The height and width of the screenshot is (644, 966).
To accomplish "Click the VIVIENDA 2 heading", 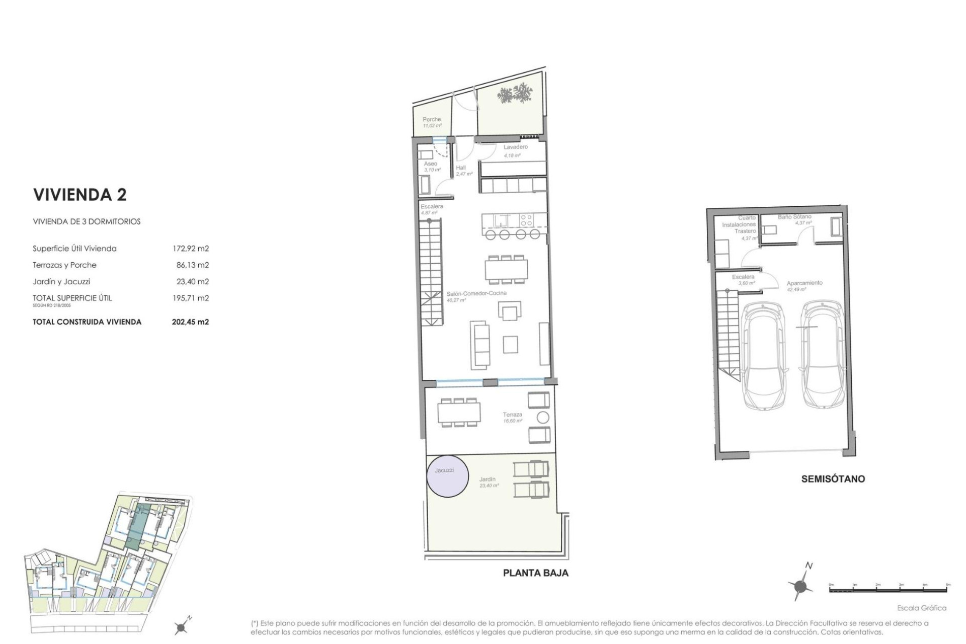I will pyautogui.click(x=79, y=195).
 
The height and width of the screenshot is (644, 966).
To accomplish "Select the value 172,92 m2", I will pyautogui.click(x=190, y=249).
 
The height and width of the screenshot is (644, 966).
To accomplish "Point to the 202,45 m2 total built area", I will pyautogui.click(x=190, y=322).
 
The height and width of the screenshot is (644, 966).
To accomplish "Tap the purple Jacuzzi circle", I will pyautogui.click(x=447, y=475).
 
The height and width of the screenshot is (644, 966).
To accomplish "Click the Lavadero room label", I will pyautogui.click(x=516, y=147).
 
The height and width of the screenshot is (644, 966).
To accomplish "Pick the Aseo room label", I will pyautogui.click(x=430, y=164).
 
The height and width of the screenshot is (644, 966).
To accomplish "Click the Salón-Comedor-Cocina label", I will pyautogui.click(x=476, y=293).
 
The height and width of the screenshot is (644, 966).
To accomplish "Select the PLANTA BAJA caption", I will pyautogui.click(x=535, y=573).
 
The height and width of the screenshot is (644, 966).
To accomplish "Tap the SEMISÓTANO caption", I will pyautogui.click(x=833, y=478).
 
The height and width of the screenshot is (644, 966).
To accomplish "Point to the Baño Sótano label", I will pyautogui.click(x=794, y=217).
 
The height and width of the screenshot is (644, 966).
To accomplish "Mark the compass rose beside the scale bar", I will pyautogui.click(x=800, y=585).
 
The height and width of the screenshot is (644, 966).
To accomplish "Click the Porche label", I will pyautogui.click(x=432, y=120).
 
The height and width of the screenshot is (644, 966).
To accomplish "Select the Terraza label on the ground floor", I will pyautogui.click(x=512, y=415).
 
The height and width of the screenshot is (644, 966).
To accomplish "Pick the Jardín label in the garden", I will pyautogui.click(x=488, y=479).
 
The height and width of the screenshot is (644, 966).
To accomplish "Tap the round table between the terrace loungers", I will pyautogui.click(x=543, y=417).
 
